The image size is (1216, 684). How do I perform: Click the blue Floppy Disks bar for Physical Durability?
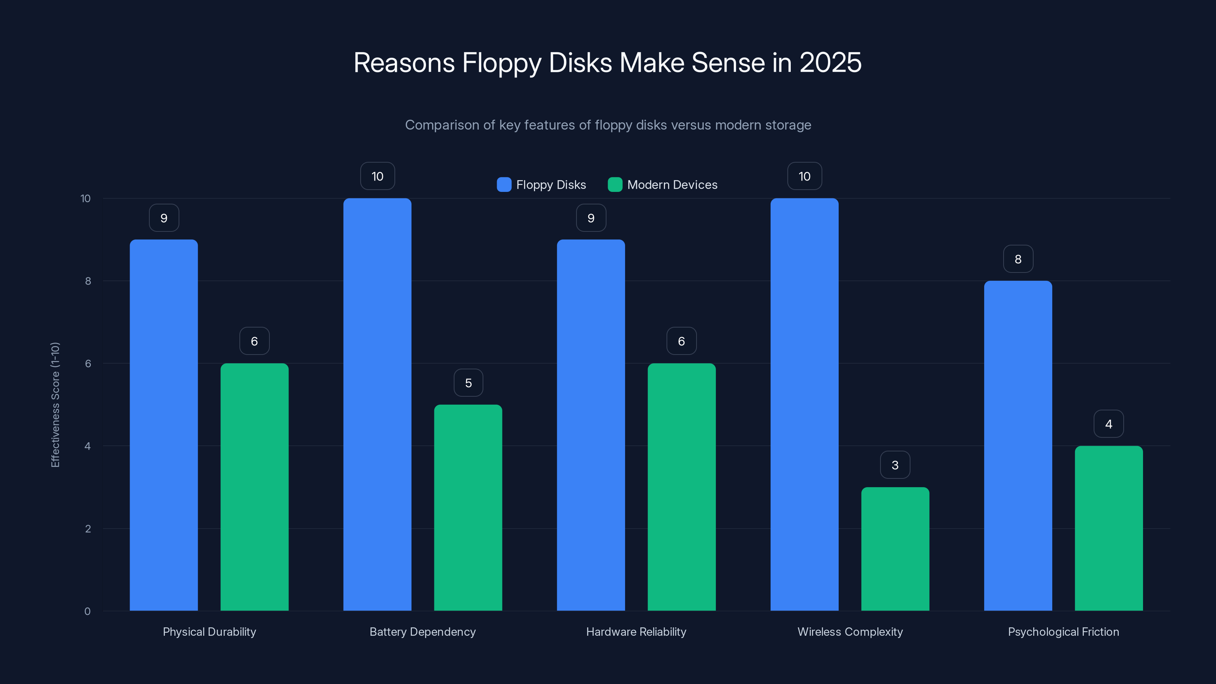(164, 425)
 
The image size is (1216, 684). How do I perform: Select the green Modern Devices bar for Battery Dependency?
(468, 507)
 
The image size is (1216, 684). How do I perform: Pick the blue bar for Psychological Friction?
(1018, 446)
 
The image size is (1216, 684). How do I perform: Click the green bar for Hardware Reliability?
(681, 487)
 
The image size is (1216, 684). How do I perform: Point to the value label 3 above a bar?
(895, 465)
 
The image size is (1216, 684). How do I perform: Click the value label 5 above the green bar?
(468, 383)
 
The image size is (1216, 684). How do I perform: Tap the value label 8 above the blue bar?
(1018, 259)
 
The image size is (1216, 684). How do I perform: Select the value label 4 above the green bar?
(1108, 424)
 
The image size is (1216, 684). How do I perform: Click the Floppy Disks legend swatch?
(503, 185)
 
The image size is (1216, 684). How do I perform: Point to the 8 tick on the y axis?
(88, 281)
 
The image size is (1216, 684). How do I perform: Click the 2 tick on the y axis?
(88, 529)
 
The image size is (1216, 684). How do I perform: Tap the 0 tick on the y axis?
(87, 611)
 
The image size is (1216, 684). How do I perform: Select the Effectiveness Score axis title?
(55, 405)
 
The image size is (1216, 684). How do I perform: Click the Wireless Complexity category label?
(850, 632)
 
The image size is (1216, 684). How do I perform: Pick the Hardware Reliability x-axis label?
(636, 632)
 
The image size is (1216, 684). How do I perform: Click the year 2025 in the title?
(830, 62)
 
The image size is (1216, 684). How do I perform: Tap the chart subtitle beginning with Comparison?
(608, 125)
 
